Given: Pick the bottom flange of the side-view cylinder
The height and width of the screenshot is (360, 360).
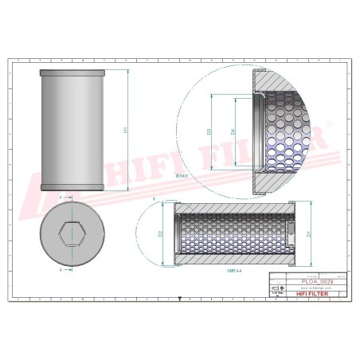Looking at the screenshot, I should (73, 189).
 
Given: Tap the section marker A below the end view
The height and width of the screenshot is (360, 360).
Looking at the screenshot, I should (61, 271).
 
